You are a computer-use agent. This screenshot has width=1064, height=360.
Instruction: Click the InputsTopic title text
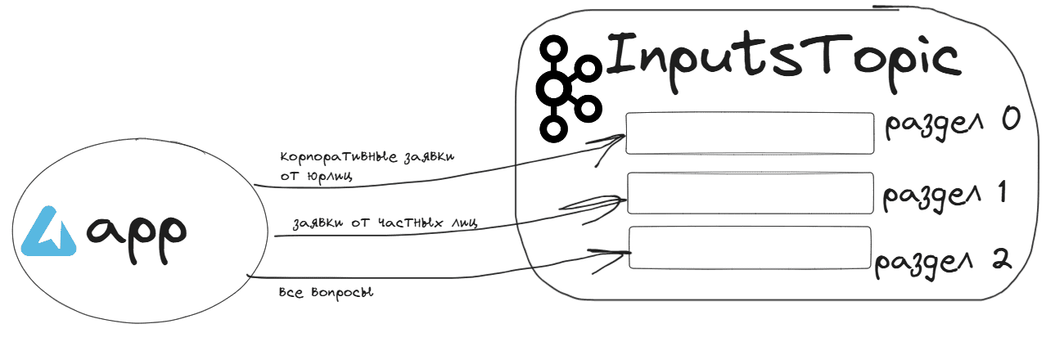click(x=784, y=61)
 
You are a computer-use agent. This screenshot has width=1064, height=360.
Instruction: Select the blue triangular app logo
click(x=49, y=232)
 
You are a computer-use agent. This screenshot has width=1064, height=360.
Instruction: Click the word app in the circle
click(x=137, y=239)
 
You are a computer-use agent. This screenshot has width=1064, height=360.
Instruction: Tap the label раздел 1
click(x=945, y=195)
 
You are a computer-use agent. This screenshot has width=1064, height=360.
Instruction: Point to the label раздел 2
click(x=943, y=263)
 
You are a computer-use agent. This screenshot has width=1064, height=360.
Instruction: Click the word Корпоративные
click(x=338, y=158)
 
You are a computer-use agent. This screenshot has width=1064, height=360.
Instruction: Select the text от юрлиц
click(x=317, y=177)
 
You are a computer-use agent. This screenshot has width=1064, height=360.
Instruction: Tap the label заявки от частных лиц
click(x=385, y=223)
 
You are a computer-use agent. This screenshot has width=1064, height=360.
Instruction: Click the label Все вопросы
click(x=326, y=293)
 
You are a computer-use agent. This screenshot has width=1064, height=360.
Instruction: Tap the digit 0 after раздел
click(x=1011, y=119)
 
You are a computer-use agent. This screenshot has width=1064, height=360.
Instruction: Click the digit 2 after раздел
click(x=1002, y=260)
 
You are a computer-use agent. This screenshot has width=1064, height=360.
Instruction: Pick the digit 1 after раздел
click(x=1002, y=192)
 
